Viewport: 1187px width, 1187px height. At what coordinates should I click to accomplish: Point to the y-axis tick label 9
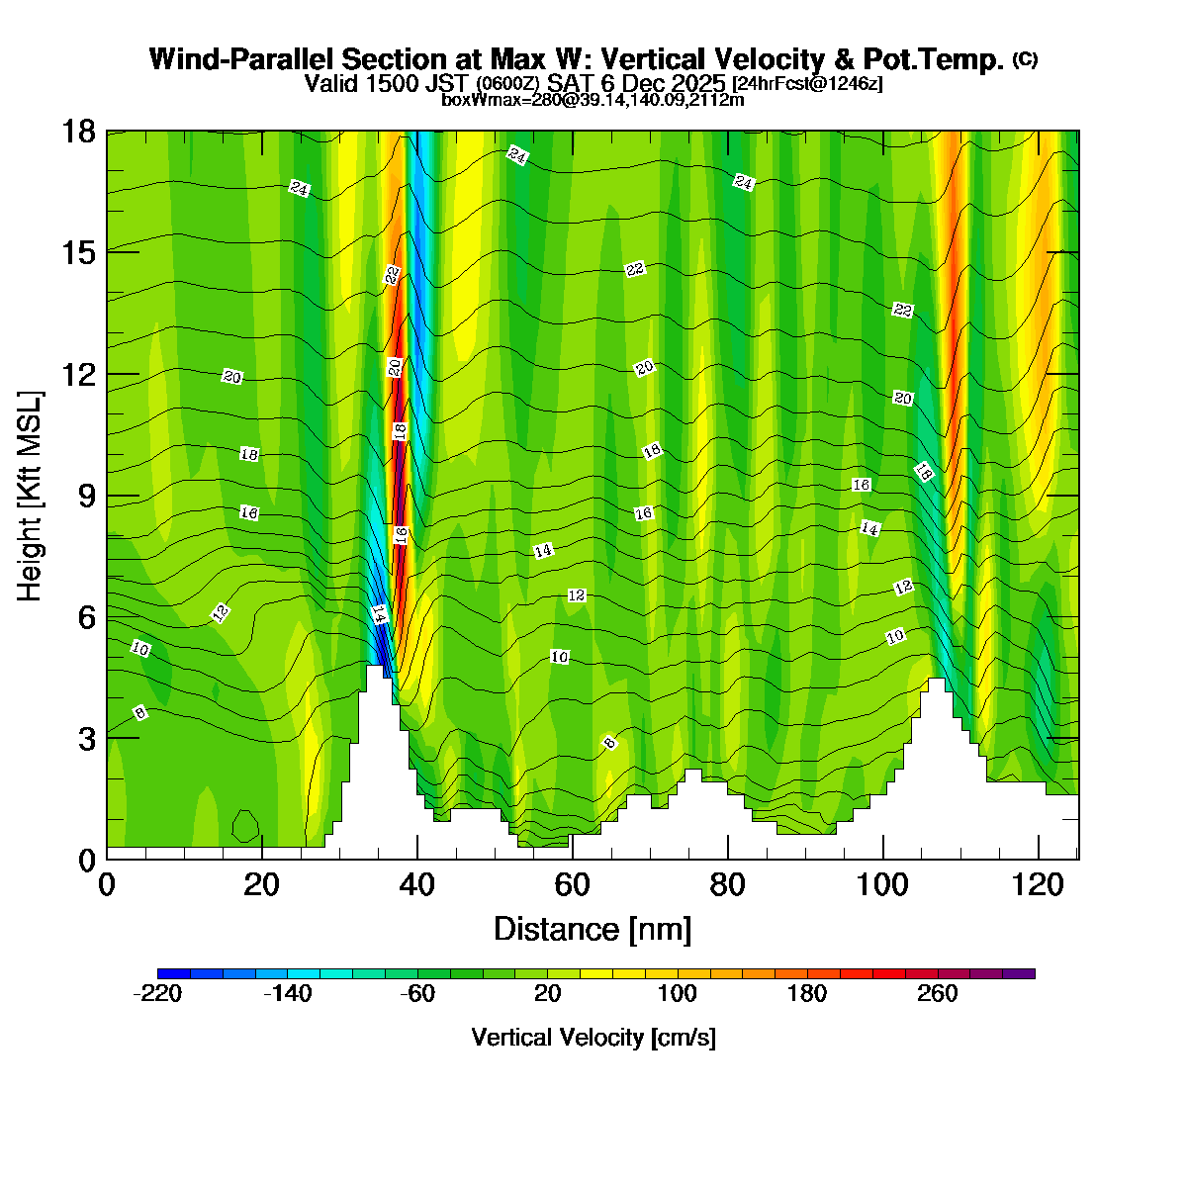86,496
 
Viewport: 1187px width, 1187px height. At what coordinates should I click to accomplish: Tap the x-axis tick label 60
572,884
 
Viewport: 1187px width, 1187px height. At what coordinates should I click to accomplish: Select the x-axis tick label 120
1039,884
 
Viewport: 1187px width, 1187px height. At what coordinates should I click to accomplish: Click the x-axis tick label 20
261,884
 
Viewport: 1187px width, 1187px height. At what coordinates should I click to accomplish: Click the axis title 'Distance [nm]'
593,930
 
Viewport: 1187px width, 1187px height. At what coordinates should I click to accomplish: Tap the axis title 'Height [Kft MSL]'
31,496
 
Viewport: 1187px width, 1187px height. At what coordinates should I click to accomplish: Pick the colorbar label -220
157,994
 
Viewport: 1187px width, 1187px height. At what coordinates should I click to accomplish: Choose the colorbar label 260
938,994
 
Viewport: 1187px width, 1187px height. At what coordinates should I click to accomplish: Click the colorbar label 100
677,994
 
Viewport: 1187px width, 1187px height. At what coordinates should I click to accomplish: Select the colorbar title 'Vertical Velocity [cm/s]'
593,1038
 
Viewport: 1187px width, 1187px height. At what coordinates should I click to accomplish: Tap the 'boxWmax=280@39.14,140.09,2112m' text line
593,99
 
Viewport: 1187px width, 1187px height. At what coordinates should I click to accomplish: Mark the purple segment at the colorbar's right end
1019,973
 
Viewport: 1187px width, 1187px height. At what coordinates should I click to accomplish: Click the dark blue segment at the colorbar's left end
173,973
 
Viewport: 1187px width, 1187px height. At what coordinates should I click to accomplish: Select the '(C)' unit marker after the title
1026,58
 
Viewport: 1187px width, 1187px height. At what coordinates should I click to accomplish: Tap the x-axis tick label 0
107,884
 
